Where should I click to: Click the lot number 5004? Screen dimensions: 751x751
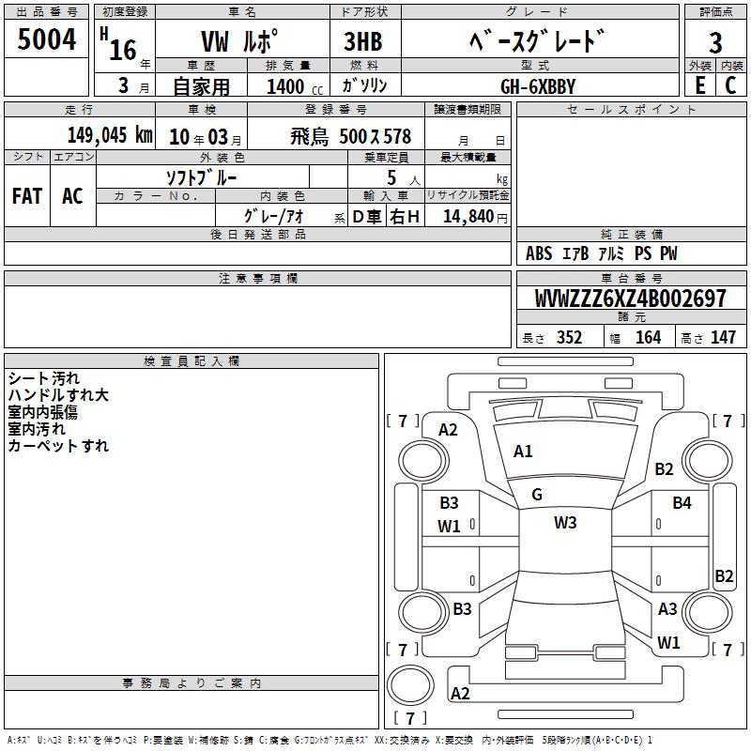(47, 39)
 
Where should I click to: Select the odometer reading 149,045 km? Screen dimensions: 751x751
(110, 135)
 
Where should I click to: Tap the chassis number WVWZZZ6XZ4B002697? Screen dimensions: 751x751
(630, 299)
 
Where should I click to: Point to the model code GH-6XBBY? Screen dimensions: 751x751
(538, 86)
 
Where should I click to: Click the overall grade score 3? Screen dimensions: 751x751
(715, 43)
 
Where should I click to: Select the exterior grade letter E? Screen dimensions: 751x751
(699, 85)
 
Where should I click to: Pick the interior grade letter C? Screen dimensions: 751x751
(730, 85)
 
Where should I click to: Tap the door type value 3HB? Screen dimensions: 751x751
(363, 41)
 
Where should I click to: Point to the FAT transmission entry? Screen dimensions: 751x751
(27, 196)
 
